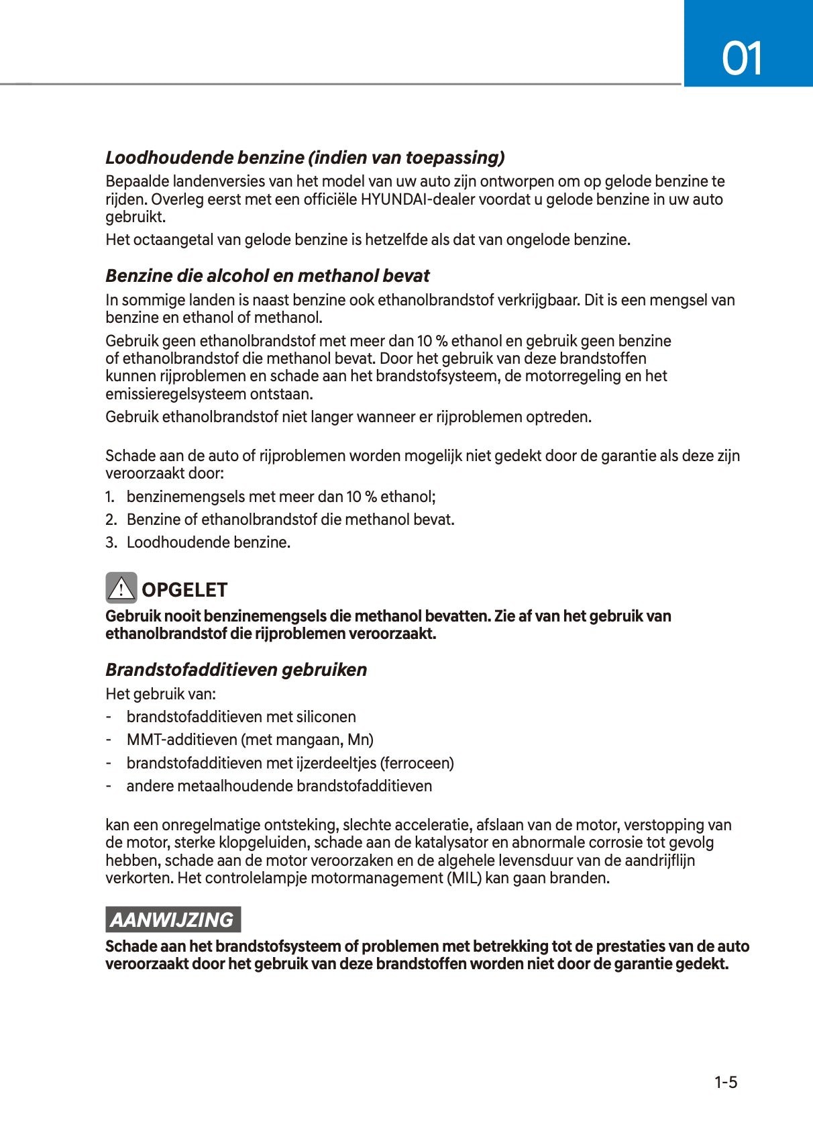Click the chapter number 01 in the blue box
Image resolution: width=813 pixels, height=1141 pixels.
742,58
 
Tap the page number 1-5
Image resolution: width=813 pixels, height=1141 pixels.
725,1082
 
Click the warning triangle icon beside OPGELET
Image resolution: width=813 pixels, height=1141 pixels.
121,589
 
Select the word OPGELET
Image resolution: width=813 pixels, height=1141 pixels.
184,590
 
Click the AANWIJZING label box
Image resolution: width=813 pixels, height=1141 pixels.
172,920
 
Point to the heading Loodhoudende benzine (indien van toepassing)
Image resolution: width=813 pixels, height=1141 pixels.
305,158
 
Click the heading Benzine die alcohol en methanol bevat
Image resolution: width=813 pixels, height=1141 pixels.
268,276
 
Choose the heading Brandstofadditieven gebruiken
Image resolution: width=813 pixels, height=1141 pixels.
236,670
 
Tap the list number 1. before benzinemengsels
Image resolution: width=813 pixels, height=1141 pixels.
110,497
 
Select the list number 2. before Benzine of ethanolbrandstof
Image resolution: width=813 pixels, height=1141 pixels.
111,519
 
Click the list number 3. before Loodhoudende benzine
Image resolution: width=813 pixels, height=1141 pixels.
111,542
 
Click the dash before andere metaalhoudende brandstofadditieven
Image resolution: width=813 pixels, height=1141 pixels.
108,786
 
